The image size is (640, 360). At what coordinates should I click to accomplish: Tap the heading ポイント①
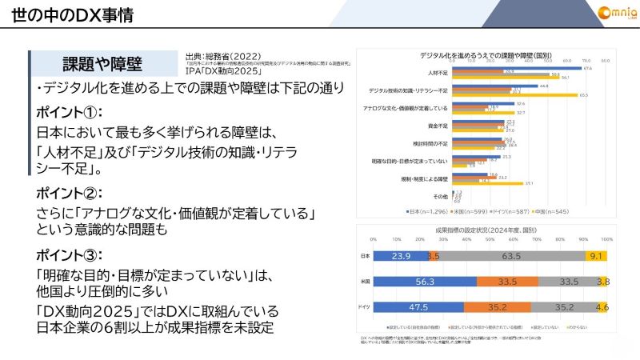click(x=70, y=111)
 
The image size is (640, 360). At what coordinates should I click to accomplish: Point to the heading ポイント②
click(x=70, y=194)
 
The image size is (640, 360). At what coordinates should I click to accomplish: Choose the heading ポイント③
click(x=70, y=255)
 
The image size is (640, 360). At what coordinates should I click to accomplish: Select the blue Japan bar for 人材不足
click(x=521, y=69)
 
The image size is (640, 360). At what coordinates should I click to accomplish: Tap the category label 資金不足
click(x=435, y=126)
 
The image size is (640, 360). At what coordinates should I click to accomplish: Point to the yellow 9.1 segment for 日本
click(x=595, y=256)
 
